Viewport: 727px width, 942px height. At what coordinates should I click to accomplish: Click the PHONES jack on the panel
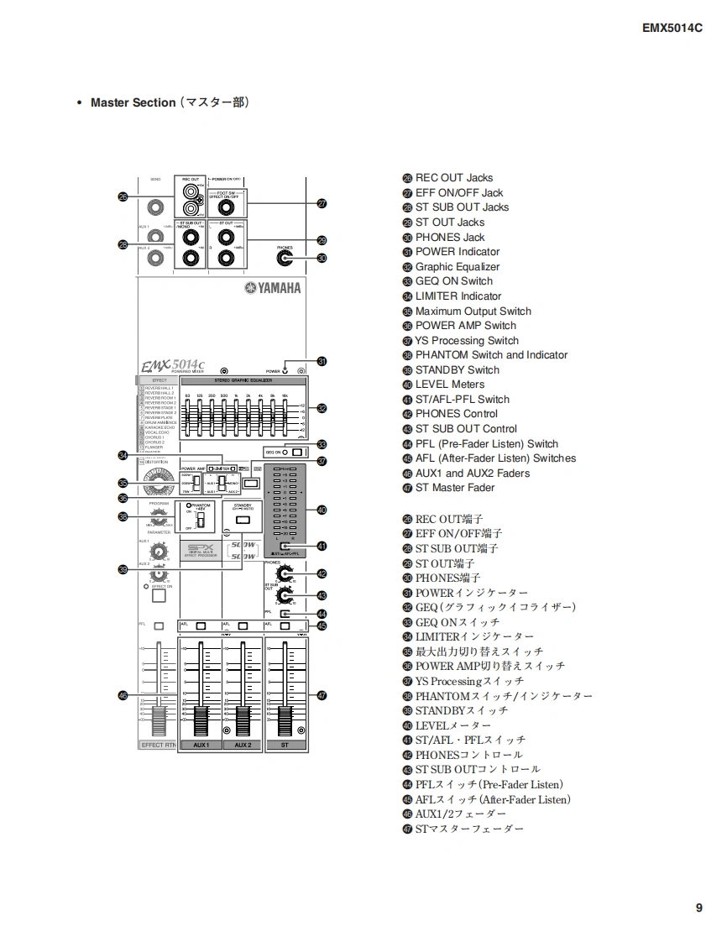click(x=285, y=259)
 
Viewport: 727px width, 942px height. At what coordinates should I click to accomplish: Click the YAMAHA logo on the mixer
click(x=272, y=289)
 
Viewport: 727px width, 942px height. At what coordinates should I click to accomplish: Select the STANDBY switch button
click(x=242, y=521)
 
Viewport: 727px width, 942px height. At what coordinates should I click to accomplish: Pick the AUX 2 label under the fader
click(x=243, y=745)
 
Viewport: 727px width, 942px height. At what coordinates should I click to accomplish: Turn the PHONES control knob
click(x=286, y=574)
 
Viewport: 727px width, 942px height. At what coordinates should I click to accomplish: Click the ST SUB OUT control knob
click(x=286, y=595)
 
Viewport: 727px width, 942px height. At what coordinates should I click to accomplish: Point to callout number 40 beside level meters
click(x=322, y=510)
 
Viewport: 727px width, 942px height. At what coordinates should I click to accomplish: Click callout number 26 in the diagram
click(x=123, y=196)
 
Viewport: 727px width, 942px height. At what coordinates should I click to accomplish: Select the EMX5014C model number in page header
click(x=672, y=27)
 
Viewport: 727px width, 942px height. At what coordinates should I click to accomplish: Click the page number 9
click(x=698, y=908)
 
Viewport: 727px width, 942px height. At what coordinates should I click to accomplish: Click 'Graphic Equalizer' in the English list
click(x=457, y=267)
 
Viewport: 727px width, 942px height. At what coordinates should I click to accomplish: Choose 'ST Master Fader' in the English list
click(x=454, y=488)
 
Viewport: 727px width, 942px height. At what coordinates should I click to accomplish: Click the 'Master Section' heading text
click(x=133, y=102)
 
